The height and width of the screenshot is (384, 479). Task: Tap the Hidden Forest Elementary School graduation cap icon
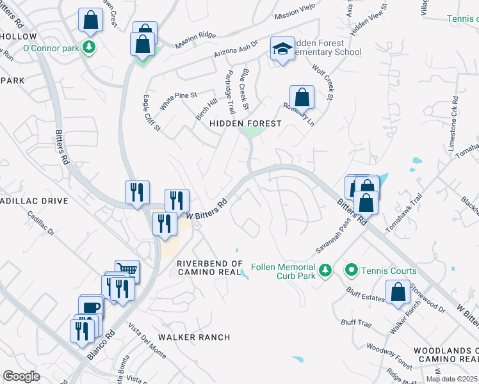coord(282,49)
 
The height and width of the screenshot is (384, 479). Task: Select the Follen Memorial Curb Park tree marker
coord(325,271)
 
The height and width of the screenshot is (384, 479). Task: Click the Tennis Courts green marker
coord(351,271)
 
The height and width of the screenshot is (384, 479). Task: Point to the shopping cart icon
coord(127,271)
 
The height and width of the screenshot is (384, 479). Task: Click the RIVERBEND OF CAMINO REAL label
coord(210,268)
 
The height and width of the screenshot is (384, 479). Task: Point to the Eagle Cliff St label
coord(150,114)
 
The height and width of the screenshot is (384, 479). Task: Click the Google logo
coord(21,376)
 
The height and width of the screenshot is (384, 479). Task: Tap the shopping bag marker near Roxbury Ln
coord(302,97)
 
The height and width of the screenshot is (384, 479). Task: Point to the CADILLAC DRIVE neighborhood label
coord(33,201)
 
